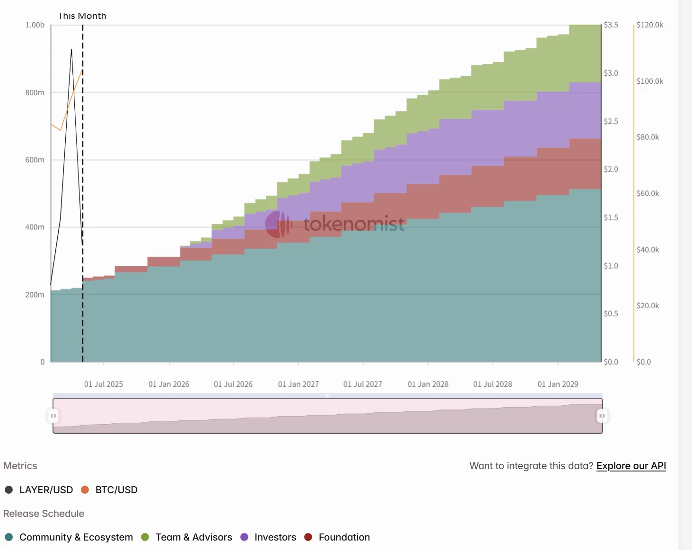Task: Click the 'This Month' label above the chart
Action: pos(82,16)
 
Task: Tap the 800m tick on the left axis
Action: pos(35,93)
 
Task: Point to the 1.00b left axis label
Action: pos(35,25)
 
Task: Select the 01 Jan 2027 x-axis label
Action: pos(298,384)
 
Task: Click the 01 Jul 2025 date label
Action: pos(103,384)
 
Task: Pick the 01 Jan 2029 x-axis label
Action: pos(558,384)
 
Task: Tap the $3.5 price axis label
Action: pos(611,25)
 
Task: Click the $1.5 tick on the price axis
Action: pos(611,218)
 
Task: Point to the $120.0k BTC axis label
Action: pos(649,25)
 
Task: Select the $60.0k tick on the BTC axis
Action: pos(648,193)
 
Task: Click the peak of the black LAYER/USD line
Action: pos(71,49)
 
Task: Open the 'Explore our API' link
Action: pos(631,466)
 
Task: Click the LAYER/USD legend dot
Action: pos(9,489)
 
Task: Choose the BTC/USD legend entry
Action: pos(116,490)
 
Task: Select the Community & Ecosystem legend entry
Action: pos(76,537)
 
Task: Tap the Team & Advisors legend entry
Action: pos(193,537)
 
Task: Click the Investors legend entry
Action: pos(275,537)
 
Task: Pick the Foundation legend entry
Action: pos(344,537)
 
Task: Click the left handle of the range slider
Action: pos(53,416)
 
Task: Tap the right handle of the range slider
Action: pos(602,416)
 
